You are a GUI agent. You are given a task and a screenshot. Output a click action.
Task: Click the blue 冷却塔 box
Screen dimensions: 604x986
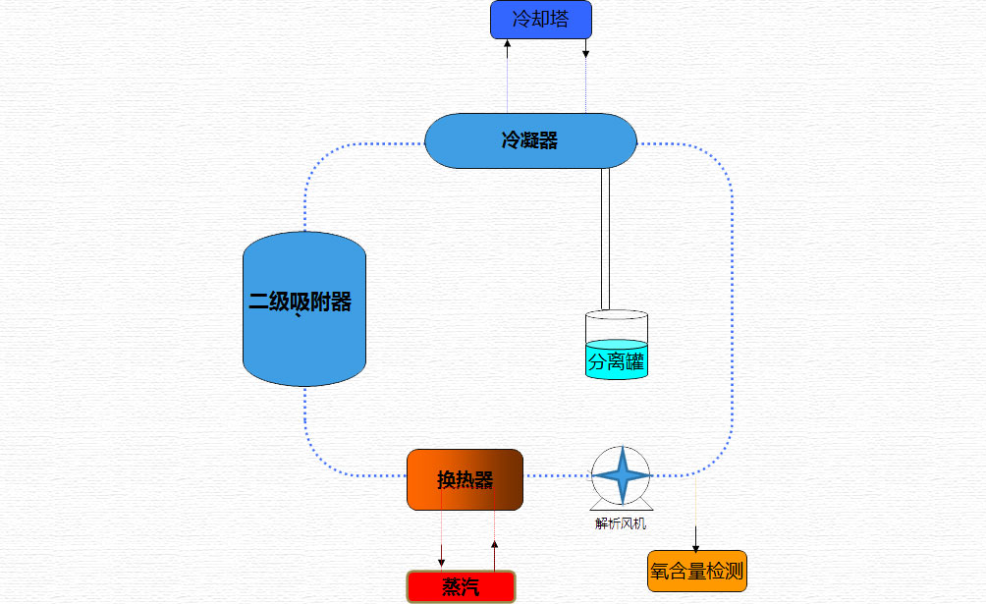(x=541, y=20)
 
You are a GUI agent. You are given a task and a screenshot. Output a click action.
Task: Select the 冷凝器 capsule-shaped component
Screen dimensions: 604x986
(x=530, y=140)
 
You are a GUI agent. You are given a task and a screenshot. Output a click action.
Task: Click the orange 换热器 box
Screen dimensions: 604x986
(x=465, y=479)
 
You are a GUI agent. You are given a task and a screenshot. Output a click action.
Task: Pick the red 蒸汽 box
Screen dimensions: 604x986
(x=461, y=587)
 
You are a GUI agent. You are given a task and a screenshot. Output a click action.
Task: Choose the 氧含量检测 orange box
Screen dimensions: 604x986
(x=697, y=571)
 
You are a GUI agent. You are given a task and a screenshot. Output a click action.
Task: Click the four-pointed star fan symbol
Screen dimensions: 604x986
(x=621, y=475)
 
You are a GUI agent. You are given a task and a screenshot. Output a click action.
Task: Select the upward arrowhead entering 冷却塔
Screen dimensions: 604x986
(x=507, y=44)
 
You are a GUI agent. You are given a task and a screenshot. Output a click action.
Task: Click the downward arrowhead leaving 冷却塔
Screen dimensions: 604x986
(x=586, y=53)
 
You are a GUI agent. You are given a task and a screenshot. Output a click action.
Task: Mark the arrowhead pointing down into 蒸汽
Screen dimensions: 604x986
(x=441, y=561)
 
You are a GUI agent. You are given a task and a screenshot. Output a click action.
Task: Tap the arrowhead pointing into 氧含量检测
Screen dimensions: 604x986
(x=696, y=546)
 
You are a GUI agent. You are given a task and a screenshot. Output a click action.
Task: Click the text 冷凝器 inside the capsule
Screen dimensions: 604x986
(x=530, y=140)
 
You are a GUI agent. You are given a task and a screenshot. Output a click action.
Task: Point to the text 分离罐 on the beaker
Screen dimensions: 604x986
(x=617, y=361)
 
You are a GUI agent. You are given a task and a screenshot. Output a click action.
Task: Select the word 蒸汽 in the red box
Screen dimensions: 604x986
(x=461, y=587)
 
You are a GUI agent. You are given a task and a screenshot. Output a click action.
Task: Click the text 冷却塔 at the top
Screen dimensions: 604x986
(x=541, y=20)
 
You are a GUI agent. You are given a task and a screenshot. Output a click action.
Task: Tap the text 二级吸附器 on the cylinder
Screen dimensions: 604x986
(x=300, y=302)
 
